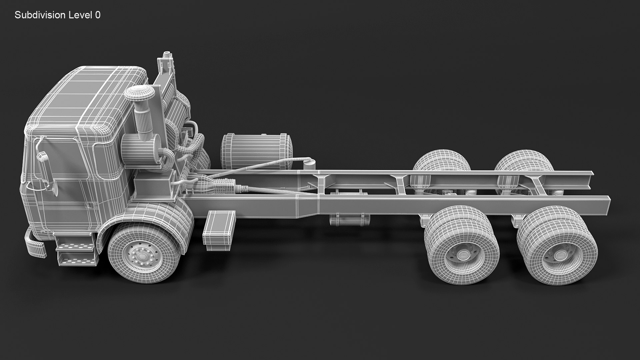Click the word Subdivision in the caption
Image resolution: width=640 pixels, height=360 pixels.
pos(39,15)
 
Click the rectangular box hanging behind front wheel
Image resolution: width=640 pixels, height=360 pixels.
pos(218,230)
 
